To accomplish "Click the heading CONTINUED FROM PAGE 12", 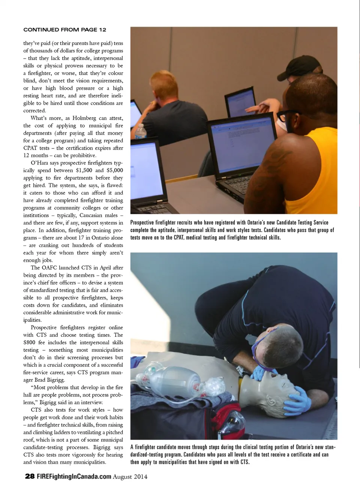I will [x=64, y=30].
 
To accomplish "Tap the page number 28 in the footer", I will [x=30, y=476].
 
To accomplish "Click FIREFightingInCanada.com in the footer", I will [x=74, y=476].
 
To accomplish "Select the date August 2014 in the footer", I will [x=130, y=477].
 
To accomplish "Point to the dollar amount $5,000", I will [x=114, y=170].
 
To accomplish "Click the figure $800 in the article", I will [x=29, y=342].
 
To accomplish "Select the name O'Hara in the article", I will [x=39, y=163].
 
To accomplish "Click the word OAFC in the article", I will [x=49, y=268].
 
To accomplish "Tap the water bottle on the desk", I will [x=140, y=132].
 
